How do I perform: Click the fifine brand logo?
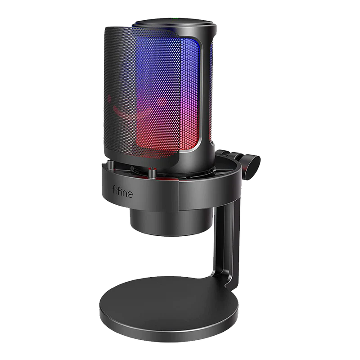(122, 192)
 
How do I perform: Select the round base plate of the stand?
(169, 309)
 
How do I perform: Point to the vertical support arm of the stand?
(226, 243)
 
